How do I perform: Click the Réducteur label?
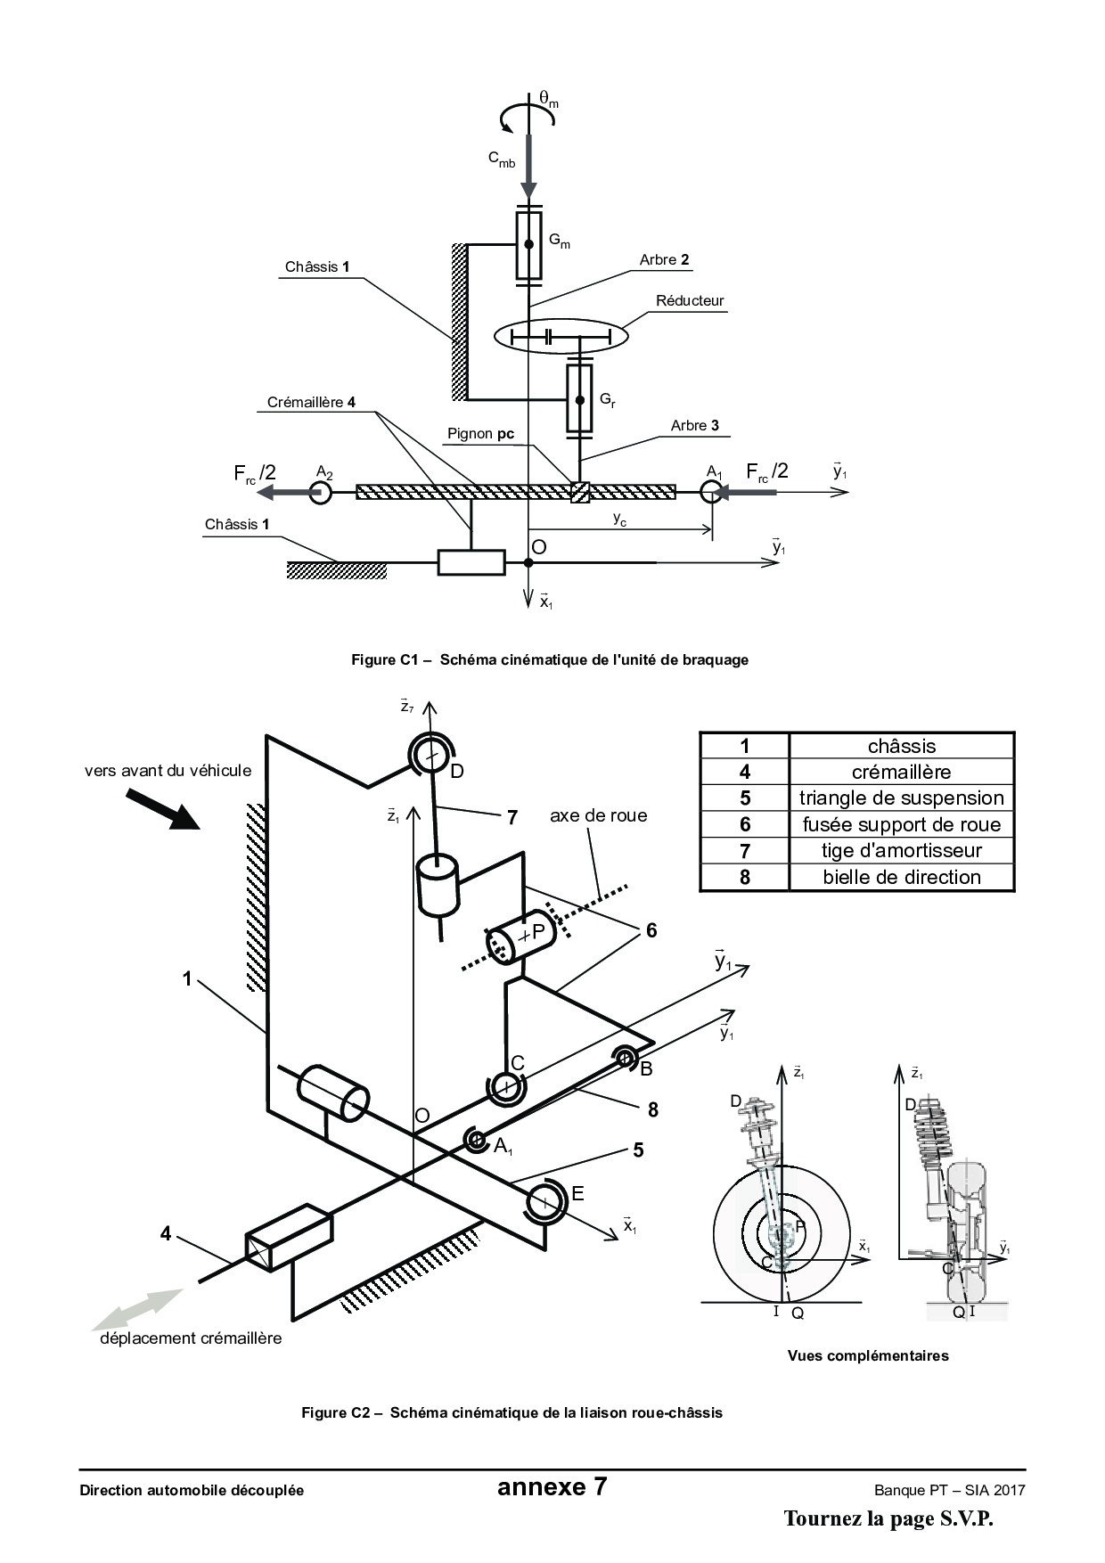point(690,301)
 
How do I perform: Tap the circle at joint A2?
point(320,492)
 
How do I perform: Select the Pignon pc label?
point(480,434)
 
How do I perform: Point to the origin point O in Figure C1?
point(528,562)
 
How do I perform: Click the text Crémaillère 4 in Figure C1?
point(311,403)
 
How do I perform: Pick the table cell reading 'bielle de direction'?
point(902,877)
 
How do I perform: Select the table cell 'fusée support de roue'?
point(902,824)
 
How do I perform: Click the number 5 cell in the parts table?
point(745,798)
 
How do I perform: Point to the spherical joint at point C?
point(506,1086)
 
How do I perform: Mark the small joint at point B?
point(624,1059)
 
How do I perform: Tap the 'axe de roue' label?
point(598,815)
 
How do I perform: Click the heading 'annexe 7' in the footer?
point(552,1486)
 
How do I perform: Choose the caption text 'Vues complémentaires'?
point(867,1356)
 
